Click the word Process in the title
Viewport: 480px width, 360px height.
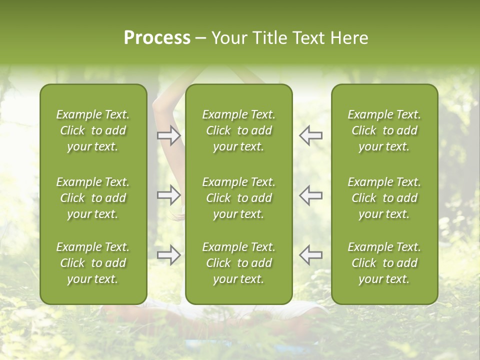pos(157,38)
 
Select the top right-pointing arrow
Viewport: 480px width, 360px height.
pos(168,135)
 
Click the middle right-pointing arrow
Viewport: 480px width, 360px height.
pos(168,195)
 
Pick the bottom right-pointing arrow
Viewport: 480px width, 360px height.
pos(168,255)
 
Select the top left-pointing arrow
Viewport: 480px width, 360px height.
pos(310,135)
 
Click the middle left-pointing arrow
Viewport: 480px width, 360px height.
pos(310,195)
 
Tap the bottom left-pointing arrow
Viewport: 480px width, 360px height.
pos(310,255)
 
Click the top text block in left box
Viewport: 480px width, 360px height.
pos(93,130)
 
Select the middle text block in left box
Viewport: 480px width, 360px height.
pos(93,198)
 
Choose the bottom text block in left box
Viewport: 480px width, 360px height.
pos(93,263)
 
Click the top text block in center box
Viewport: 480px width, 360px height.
pos(238,130)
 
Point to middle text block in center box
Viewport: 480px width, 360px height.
pos(238,198)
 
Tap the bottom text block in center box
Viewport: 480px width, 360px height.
pos(238,263)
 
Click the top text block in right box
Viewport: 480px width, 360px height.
pos(384,130)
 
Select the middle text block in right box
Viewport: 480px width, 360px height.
pos(384,198)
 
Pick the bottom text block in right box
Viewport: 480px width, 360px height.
pos(384,263)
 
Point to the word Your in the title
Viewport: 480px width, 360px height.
pos(229,38)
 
